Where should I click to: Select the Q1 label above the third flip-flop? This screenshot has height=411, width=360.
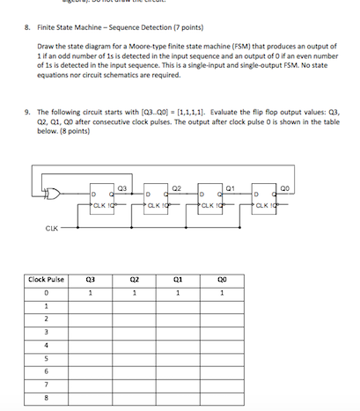tap(230, 187)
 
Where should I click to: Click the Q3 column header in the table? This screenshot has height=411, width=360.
tap(92, 279)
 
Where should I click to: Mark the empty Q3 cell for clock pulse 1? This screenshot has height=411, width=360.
tap(92, 306)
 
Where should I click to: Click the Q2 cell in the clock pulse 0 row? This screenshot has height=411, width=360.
tap(135, 293)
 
